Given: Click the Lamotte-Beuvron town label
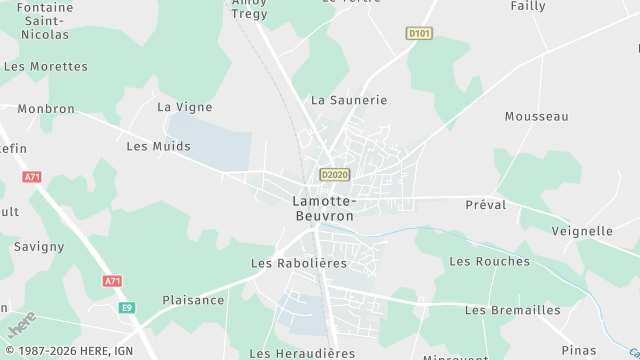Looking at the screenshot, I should pyautogui.click(x=323, y=208).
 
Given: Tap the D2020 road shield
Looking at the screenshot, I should pyautogui.click(x=334, y=175).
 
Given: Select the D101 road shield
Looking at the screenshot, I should pyautogui.click(x=419, y=33).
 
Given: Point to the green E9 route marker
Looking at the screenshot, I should pyautogui.click(x=127, y=308).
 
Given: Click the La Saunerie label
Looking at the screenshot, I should pyautogui.click(x=348, y=100).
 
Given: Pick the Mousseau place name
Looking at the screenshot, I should pyautogui.click(x=536, y=116).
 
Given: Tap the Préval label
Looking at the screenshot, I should pyautogui.click(x=486, y=204).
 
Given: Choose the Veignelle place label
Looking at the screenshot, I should pyautogui.click(x=582, y=231).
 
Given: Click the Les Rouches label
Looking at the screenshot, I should pyautogui.click(x=489, y=261).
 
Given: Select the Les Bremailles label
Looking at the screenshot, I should pyautogui.click(x=512, y=310).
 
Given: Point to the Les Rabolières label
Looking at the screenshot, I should pyautogui.click(x=298, y=263).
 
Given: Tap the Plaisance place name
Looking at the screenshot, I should pyautogui.click(x=193, y=300).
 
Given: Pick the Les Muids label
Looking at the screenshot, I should pyautogui.click(x=158, y=146).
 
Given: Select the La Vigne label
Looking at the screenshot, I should pyautogui.click(x=185, y=106).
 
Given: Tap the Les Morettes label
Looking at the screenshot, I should pyautogui.click(x=46, y=67).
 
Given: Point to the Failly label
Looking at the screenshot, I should pyautogui.click(x=528, y=6).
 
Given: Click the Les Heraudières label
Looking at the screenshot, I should pyautogui.click(x=302, y=353).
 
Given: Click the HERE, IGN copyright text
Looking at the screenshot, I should pyautogui.click(x=69, y=351).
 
